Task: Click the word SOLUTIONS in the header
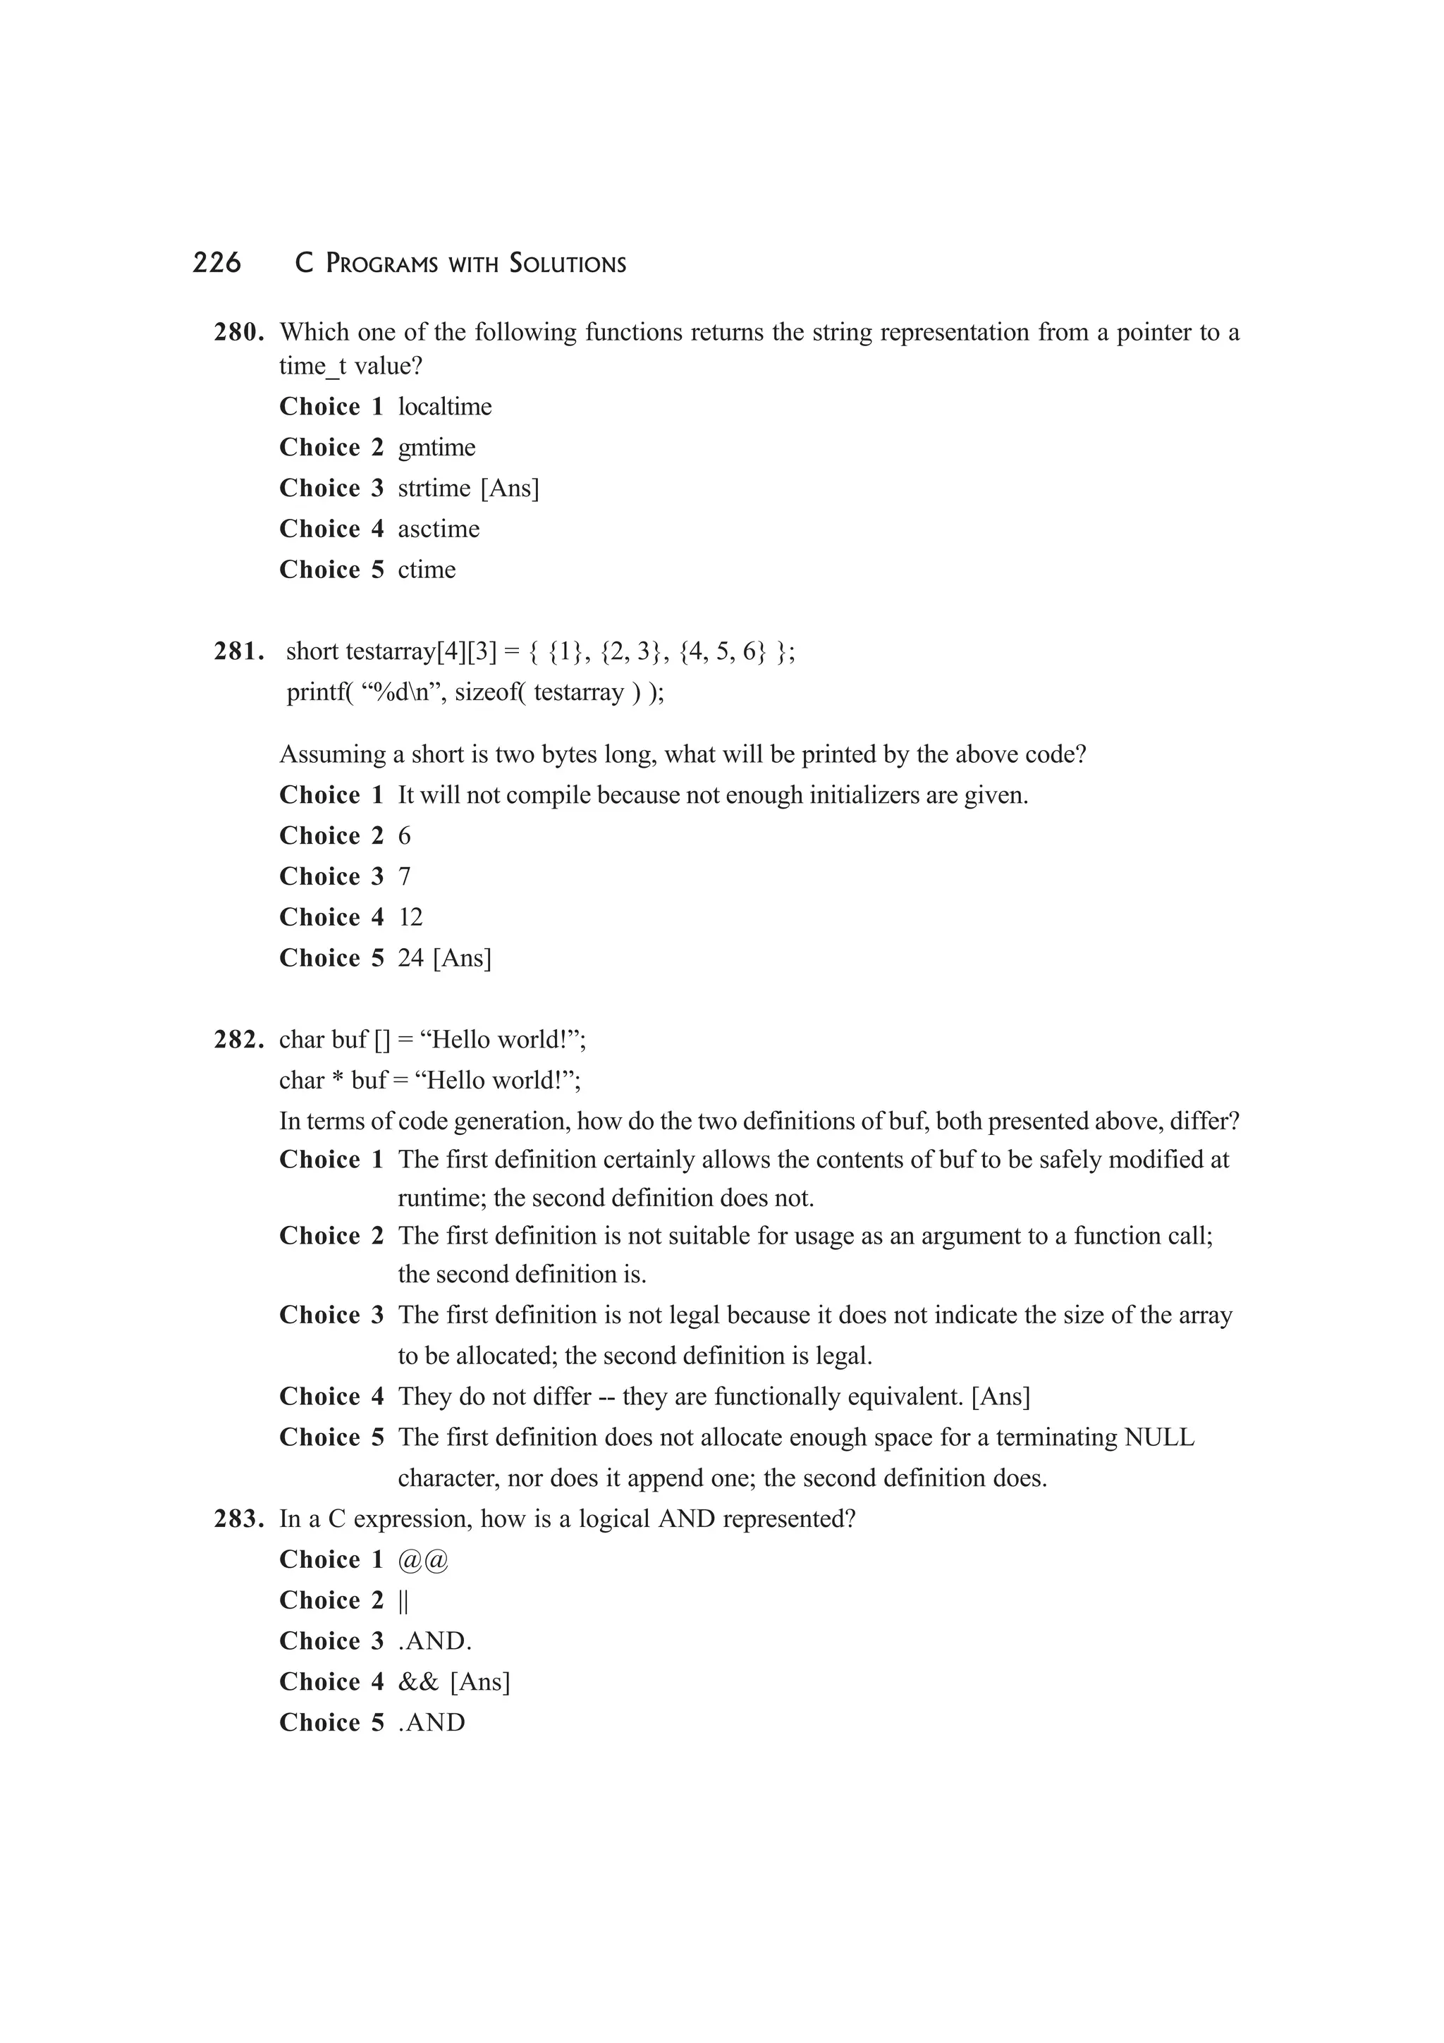[x=568, y=264]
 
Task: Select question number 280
[x=238, y=333]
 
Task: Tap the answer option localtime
[x=444, y=407]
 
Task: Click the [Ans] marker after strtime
[x=510, y=489]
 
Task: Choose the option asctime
[x=439, y=529]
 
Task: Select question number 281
[x=238, y=652]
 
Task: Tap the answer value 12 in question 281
[x=410, y=917]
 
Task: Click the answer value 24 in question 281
[x=410, y=958]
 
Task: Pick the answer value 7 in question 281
[x=405, y=876]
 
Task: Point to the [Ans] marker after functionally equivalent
[x=1001, y=1397]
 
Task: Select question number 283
[x=238, y=1519]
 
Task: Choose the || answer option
[x=403, y=1601]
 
